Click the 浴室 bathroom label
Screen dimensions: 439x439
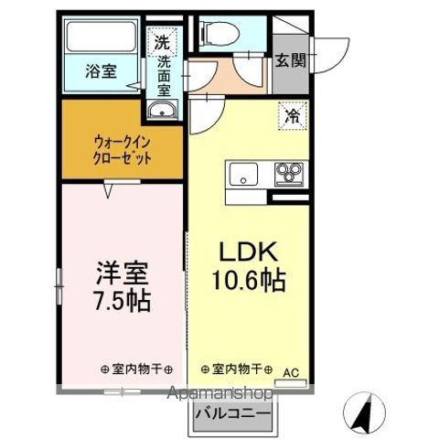[101, 70]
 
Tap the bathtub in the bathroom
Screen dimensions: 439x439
[101, 39]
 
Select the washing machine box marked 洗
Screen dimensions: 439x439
[162, 41]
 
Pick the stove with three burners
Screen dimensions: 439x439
[292, 172]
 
